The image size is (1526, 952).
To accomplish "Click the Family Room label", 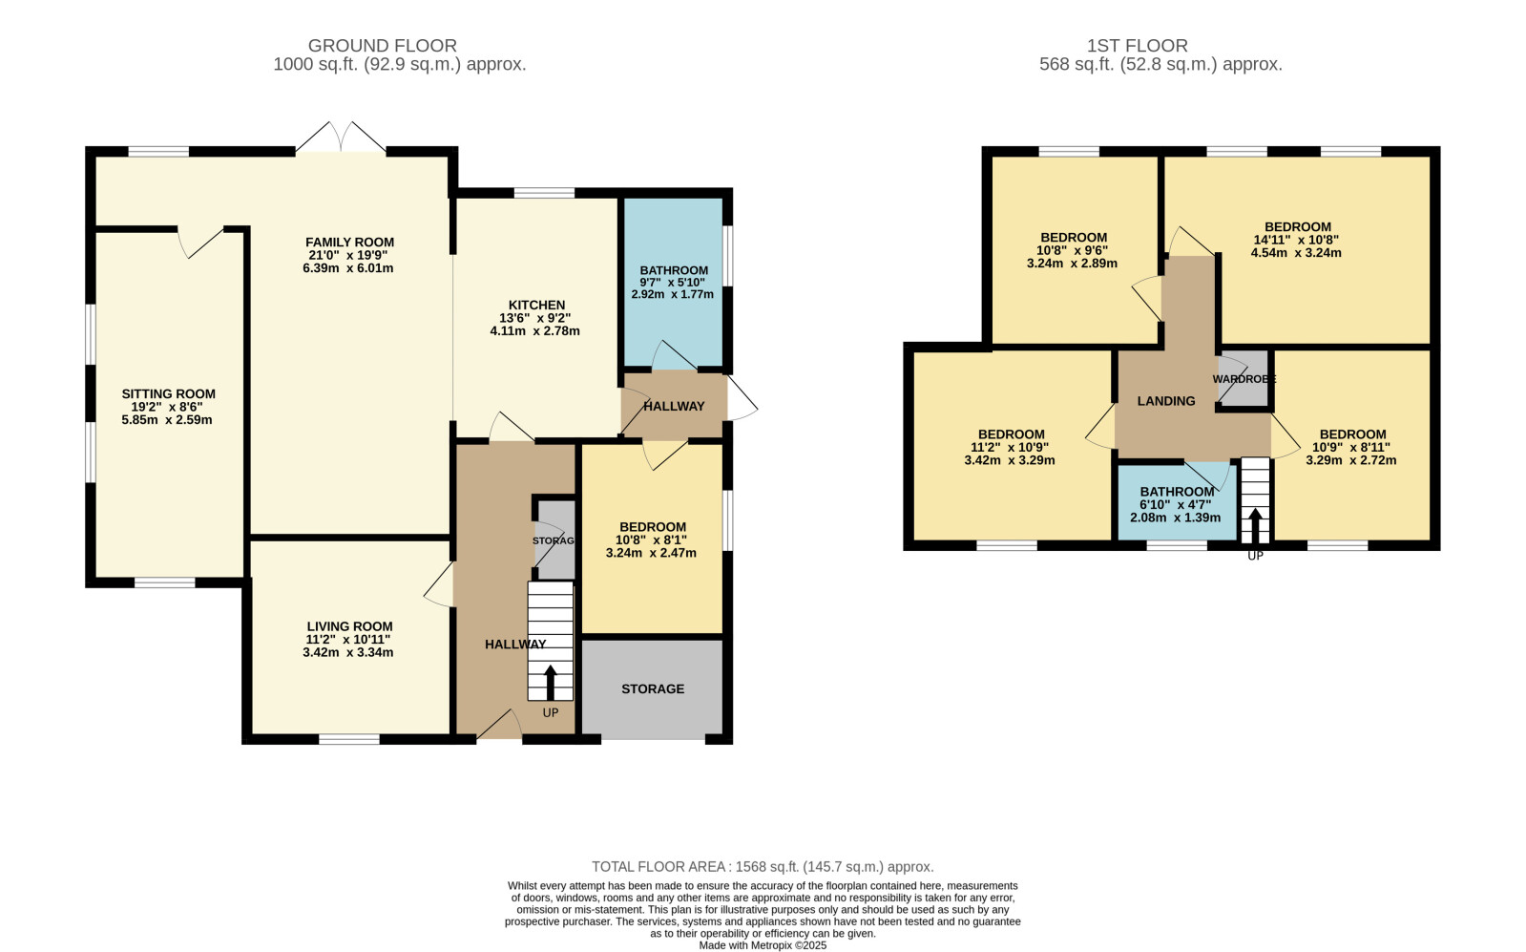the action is coord(349,242).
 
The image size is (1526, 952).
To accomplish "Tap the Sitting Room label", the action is coord(168,394).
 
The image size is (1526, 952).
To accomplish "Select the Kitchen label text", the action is coord(537,306).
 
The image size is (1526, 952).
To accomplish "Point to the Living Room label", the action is coord(349,626).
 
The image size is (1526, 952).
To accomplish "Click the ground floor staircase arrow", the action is coord(550,683).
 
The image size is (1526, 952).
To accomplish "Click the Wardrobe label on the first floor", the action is coord(1244,379).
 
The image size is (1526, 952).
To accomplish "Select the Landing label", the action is coord(1166,401).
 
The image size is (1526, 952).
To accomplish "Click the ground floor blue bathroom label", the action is coord(674,270).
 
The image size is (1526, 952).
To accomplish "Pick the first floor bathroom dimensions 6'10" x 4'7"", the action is coord(1176,505).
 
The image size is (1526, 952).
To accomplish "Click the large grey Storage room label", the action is coord(653,689).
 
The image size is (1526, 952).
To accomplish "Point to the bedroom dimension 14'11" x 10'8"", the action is coord(1296,240).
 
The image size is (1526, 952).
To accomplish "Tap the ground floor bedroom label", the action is coord(653,527).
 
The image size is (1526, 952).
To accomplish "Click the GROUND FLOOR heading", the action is coord(382,46).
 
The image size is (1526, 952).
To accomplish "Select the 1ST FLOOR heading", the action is coord(1137,46).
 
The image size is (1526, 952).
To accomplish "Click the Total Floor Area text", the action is coord(763,867).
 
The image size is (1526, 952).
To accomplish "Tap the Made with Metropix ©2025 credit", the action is coord(763,945).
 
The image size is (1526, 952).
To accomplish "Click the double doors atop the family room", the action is coord(341,137).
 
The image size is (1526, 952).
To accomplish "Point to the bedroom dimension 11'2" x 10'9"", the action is coord(1010,448).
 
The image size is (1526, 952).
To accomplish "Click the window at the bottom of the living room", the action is coord(349,739).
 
